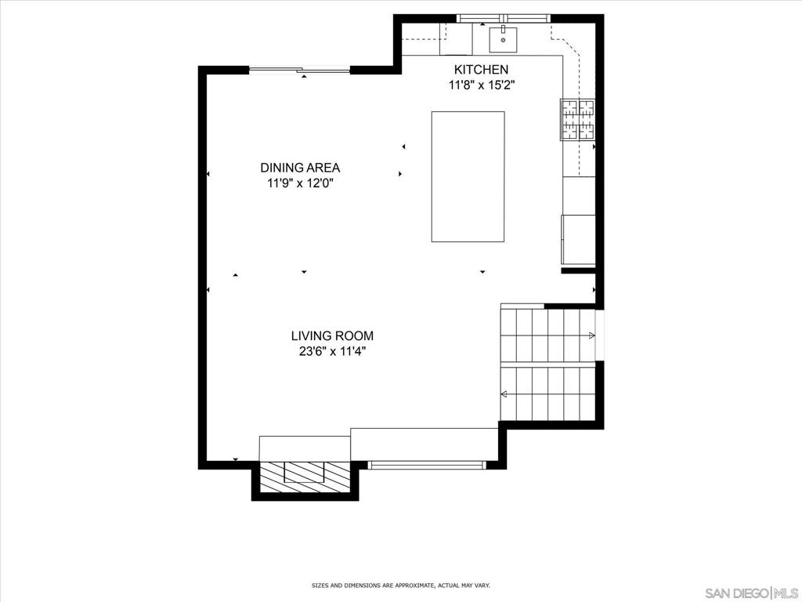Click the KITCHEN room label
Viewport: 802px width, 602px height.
(x=482, y=70)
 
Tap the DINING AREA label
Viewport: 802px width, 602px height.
(x=300, y=168)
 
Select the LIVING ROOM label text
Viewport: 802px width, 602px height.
(x=332, y=335)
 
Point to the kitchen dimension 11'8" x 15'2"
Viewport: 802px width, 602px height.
(x=482, y=85)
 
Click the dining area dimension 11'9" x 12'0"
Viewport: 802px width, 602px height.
(x=300, y=183)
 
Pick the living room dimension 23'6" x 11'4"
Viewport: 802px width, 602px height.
(x=332, y=352)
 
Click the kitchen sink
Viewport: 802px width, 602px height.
(x=504, y=39)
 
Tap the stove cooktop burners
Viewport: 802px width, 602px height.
(x=579, y=119)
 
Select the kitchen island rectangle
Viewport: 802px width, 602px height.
(x=468, y=176)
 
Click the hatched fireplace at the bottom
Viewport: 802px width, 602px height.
(x=305, y=477)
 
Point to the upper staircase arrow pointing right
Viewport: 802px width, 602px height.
(x=591, y=335)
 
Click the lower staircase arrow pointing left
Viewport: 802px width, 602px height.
(x=504, y=394)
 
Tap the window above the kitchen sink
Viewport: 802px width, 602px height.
(x=504, y=19)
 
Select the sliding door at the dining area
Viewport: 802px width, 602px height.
(x=300, y=70)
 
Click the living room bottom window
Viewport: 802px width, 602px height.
(x=427, y=466)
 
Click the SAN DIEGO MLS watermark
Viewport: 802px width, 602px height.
(x=751, y=593)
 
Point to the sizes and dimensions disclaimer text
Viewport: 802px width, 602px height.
(x=401, y=585)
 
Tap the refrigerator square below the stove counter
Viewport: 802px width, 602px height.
(x=579, y=240)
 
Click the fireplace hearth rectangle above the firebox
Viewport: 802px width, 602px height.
(x=305, y=449)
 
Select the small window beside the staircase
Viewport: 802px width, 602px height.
(x=600, y=335)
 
